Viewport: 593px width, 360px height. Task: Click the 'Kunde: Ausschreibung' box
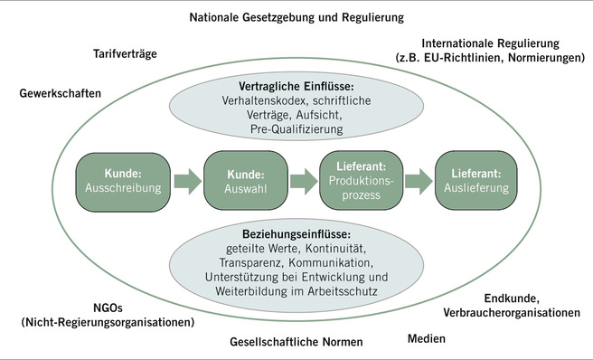(122, 181)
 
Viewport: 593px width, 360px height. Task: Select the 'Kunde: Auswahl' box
(238, 181)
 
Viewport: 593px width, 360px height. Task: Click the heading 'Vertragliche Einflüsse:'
(296, 86)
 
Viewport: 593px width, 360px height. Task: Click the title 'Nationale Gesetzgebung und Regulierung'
(296, 17)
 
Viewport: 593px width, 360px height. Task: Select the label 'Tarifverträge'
(126, 54)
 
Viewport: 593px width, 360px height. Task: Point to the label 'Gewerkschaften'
(61, 93)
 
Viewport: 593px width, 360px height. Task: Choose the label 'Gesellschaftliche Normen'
(296, 342)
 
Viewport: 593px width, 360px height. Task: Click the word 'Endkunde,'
(512, 298)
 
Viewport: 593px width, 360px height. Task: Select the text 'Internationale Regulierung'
(491, 43)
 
